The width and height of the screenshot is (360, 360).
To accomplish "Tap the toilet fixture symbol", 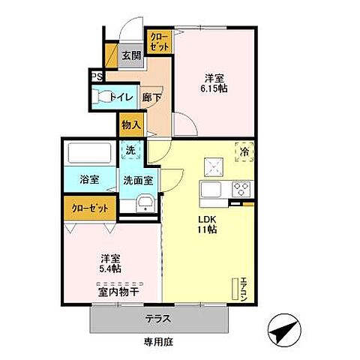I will point(100,97).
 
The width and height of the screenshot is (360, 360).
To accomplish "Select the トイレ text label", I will point(121,97).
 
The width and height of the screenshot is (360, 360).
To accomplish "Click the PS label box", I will point(96,76).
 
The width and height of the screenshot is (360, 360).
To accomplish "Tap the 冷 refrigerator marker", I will point(244,151).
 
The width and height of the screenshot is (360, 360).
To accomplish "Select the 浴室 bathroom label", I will point(89,180).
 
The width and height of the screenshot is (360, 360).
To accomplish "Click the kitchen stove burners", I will point(241,187).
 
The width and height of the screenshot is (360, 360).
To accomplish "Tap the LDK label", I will point(206,220).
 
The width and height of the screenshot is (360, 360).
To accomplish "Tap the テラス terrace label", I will point(157,318).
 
